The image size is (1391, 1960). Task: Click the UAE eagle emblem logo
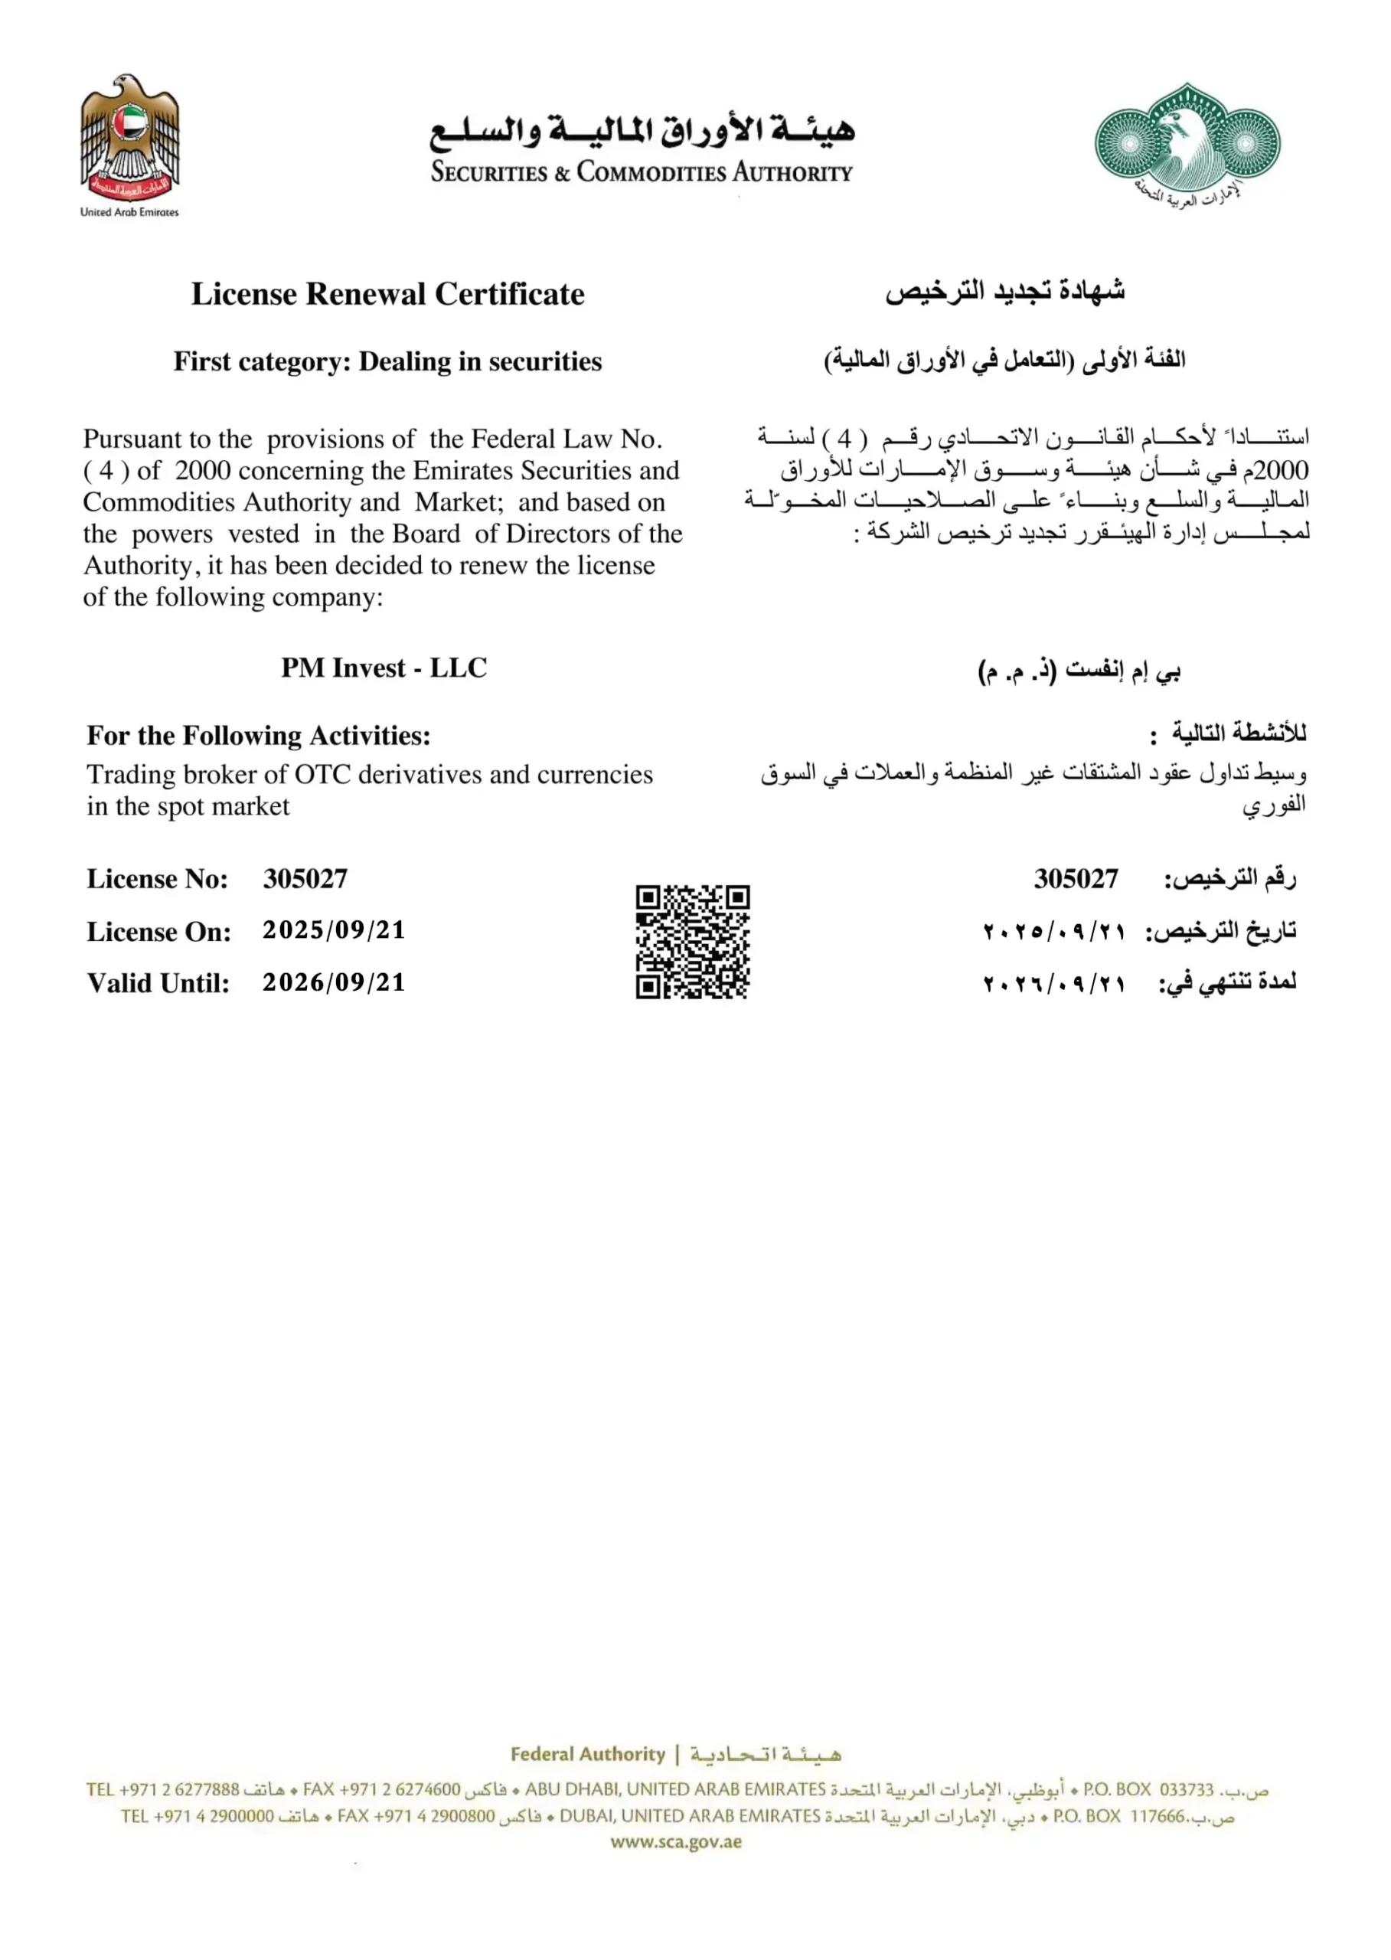coord(130,137)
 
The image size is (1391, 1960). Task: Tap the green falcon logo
coord(1187,144)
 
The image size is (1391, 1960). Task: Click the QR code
coord(692,942)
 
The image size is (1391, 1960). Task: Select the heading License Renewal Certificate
coord(387,294)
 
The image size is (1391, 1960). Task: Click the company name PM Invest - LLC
coord(384,668)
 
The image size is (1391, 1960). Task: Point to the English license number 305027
coord(305,879)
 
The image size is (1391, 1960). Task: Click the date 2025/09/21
coord(334,930)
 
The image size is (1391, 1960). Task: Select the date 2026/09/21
coord(334,982)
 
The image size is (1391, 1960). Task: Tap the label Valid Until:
coord(158,983)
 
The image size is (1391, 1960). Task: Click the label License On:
coord(159,932)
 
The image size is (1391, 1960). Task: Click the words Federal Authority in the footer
coord(588,1753)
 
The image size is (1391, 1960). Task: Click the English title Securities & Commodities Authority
coord(642,172)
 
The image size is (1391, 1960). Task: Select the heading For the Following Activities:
coord(259,736)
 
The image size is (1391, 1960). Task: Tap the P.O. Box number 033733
coord(1187,1789)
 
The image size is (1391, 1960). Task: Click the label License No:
coord(158,880)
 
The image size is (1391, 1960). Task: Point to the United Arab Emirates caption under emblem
coord(129,211)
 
